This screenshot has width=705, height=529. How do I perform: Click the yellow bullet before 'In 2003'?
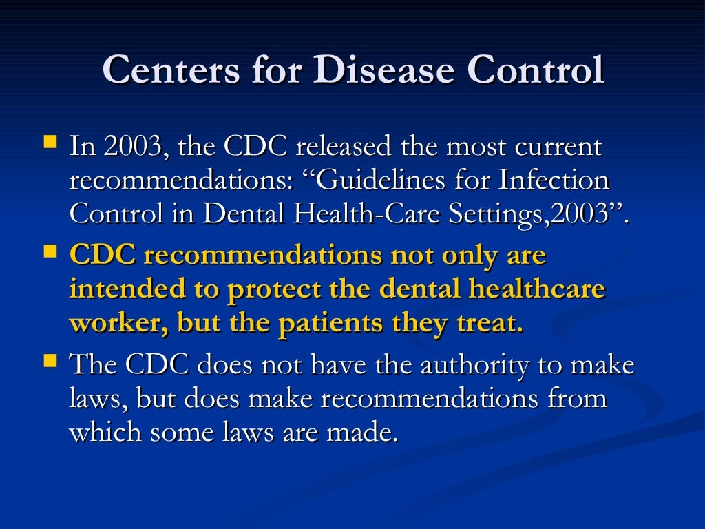50,143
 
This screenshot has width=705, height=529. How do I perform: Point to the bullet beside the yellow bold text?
50,251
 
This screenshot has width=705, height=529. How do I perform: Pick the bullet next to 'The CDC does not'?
50,361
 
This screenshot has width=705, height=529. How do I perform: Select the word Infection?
554,180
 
